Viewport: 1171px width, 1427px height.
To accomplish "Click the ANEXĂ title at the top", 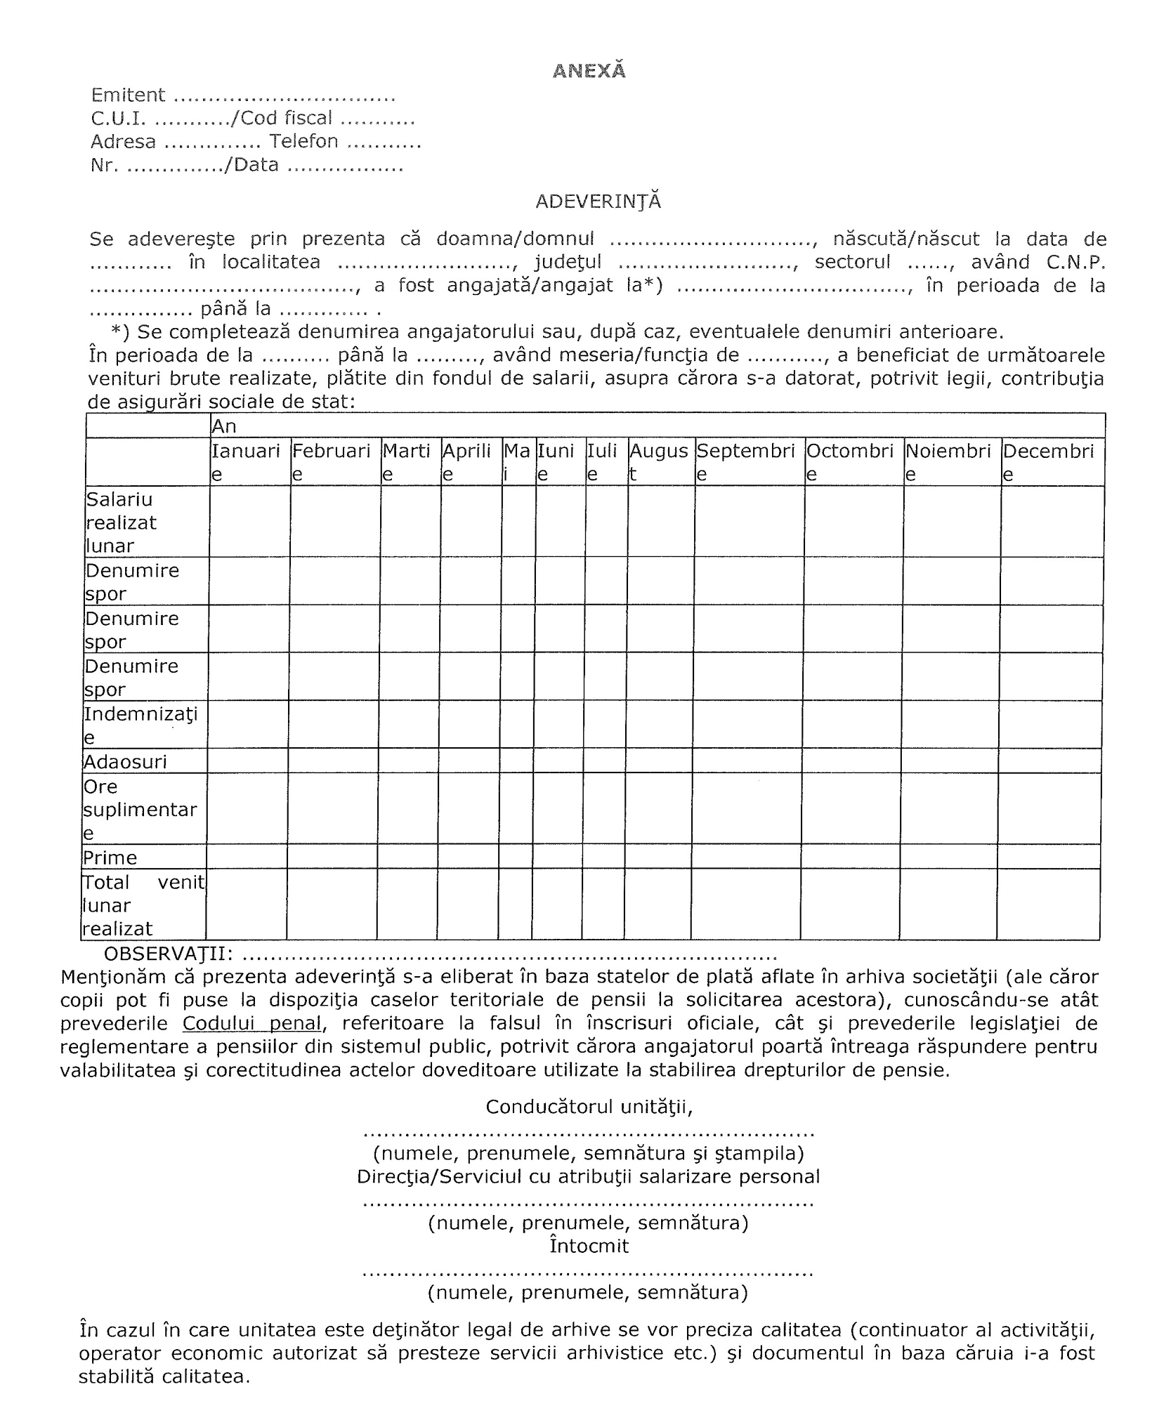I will click(x=589, y=71).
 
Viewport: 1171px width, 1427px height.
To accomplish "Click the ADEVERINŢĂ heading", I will click(x=598, y=202).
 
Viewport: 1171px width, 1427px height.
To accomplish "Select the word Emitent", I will click(x=128, y=95).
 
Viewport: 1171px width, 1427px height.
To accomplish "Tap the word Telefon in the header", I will click(x=304, y=141).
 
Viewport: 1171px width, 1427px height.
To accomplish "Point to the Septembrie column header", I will click(x=746, y=461).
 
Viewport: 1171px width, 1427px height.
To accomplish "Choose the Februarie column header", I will click(x=332, y=461).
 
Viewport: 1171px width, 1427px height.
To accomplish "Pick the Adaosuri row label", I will click(x=126, y=762).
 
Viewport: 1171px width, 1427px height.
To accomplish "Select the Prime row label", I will click(x=110, y=857).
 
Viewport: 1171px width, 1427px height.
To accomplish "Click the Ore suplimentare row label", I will click(x=140, y=810).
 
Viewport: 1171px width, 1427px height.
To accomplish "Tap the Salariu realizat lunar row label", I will click(x=121, y=522).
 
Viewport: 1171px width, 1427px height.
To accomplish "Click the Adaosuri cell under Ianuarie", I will click(x=247, y=761).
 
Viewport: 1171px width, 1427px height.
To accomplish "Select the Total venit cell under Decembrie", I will click(x=1048, y=905).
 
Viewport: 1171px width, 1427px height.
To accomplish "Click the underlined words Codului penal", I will click(x=252, y=1023).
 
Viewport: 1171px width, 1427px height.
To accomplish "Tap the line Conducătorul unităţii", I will click(x=589, y=1107).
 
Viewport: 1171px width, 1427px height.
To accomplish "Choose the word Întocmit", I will click(x=589, y=1246).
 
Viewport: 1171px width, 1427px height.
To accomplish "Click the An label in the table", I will click(x=224, y=426).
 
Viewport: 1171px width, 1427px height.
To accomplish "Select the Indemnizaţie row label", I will click(x=140, y=725).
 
